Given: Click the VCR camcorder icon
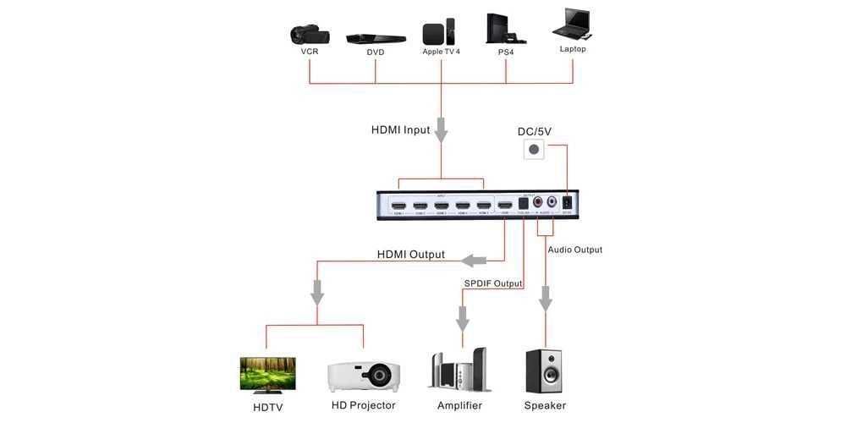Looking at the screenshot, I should click(309, 34).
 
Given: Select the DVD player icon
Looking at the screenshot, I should click(376, 38).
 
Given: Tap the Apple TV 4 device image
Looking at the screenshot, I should click(439, 32).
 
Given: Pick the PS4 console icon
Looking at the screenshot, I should click(506, 29).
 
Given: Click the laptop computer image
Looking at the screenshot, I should click(573, 25).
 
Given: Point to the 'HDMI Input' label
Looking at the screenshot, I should click(400, 130).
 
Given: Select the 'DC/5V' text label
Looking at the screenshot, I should click(535, 131).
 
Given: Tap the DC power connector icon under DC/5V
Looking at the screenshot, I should click(533, 151).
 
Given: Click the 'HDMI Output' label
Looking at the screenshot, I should click(411, 255).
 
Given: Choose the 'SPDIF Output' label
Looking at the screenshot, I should click(493, 283).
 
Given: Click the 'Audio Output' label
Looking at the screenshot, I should click(575, 250).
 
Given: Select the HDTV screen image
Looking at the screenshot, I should click(267, 375).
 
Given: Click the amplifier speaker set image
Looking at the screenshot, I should click(460, 370).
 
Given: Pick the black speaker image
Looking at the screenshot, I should click(544, 371).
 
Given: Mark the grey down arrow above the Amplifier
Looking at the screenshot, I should click(463, 318).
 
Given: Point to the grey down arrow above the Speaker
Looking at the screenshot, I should click(546, 298).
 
